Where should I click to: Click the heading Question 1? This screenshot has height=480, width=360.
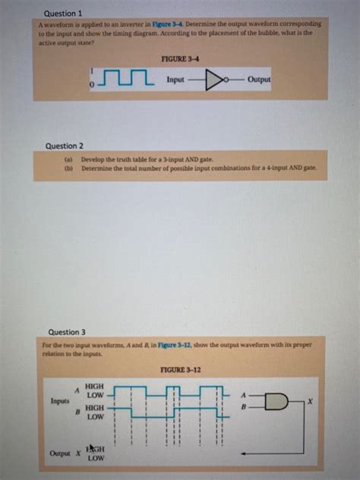pos(63,14)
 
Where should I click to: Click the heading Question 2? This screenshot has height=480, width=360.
pos(65,145)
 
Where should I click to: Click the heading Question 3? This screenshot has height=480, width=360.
pos(67,332)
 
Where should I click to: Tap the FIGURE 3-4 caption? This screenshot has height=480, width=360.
pos(180,59)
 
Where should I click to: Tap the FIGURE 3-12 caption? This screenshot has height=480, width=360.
pos(181,370)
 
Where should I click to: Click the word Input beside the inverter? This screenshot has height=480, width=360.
pos(175,79)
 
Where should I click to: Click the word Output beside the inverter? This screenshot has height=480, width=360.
pos(258,79)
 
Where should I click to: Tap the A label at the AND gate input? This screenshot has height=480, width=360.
pos(243,395)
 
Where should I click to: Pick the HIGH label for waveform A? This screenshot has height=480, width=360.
pos(95,386)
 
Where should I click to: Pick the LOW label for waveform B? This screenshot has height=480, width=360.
pos(95,418)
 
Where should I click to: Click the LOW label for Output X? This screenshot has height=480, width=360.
pos(96,459)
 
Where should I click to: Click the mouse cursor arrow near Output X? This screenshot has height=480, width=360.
pos(90,448)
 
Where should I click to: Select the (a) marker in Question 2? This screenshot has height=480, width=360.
pos(68,160)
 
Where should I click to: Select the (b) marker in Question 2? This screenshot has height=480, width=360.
pos(68,169)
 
